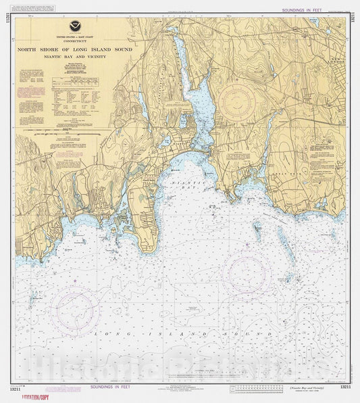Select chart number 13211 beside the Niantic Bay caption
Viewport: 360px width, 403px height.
coord(345,387)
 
